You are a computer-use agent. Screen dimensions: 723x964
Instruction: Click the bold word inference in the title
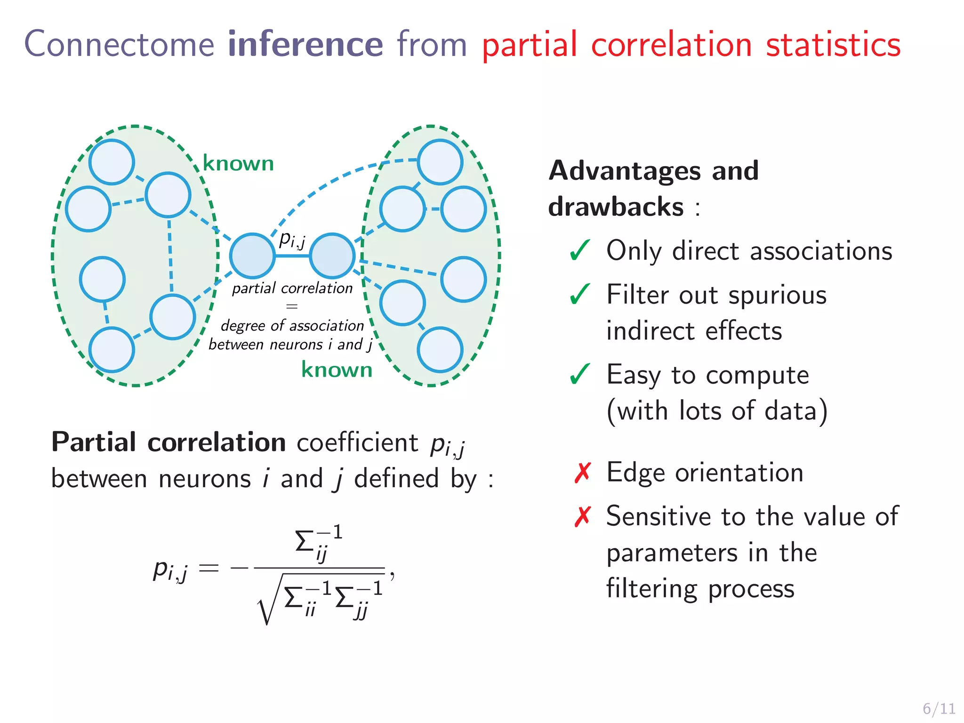coord(305,44)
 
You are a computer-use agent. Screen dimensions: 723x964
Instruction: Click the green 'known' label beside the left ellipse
coord(238,163)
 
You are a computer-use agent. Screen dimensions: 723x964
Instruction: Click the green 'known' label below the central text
coord(337,370)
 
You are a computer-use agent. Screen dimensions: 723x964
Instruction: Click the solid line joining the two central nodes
coord(292,256)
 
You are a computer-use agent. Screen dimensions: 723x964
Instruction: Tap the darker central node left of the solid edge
coord(252,256)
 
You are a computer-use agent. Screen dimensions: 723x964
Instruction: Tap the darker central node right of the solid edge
coord(332,256)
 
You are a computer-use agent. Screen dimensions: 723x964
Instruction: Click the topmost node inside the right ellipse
coord(440,162)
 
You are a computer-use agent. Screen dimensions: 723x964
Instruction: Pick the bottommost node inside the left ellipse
coord(112,350)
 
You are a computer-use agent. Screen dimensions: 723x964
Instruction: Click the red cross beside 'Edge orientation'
coord(582,473)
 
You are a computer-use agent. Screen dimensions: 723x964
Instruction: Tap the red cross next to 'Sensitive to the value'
coord(582,516)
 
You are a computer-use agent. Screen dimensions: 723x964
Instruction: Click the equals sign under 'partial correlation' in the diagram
coord(292,306)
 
